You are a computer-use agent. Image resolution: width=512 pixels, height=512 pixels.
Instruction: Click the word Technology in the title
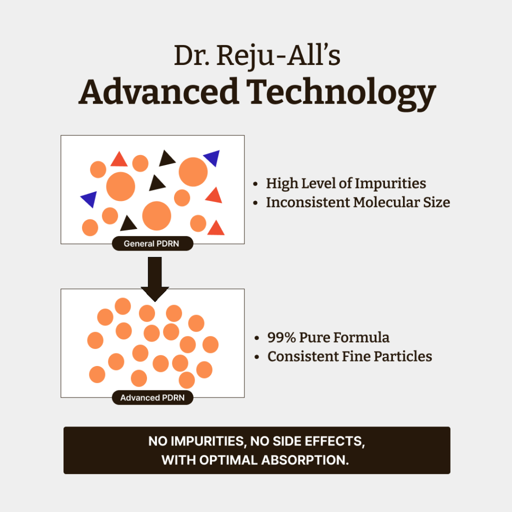[x=341, y=94]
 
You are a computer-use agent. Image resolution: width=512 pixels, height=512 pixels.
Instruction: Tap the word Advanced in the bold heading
[x=158, y=91]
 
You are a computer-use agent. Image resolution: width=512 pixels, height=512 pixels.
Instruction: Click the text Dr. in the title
[x=191, y=55]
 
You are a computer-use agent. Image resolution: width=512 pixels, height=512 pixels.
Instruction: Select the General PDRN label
[x=152, y=243]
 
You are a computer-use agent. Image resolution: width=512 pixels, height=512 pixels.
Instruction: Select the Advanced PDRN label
[x=152, y=397]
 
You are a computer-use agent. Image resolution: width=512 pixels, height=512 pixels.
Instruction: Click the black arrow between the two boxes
[x=155, y=277]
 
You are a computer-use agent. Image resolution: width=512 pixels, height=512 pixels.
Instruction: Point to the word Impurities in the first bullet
[x=390, y=183]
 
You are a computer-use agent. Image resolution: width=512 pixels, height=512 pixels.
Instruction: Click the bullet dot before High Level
[x=255, y=184]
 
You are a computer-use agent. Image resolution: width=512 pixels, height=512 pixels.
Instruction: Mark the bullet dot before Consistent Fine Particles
[x=256, y=357]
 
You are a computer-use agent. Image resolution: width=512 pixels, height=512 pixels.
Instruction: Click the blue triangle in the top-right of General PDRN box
[x=213, y=157]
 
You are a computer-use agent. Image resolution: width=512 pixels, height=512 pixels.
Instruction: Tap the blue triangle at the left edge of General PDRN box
[x=90, y=198]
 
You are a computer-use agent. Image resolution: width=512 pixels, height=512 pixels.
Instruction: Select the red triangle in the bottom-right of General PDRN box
[x=216, y=229]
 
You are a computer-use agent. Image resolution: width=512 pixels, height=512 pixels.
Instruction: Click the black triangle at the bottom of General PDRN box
[x=128, y=224]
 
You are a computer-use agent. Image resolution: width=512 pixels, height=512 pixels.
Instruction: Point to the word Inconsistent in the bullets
[x=308, y=202]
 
